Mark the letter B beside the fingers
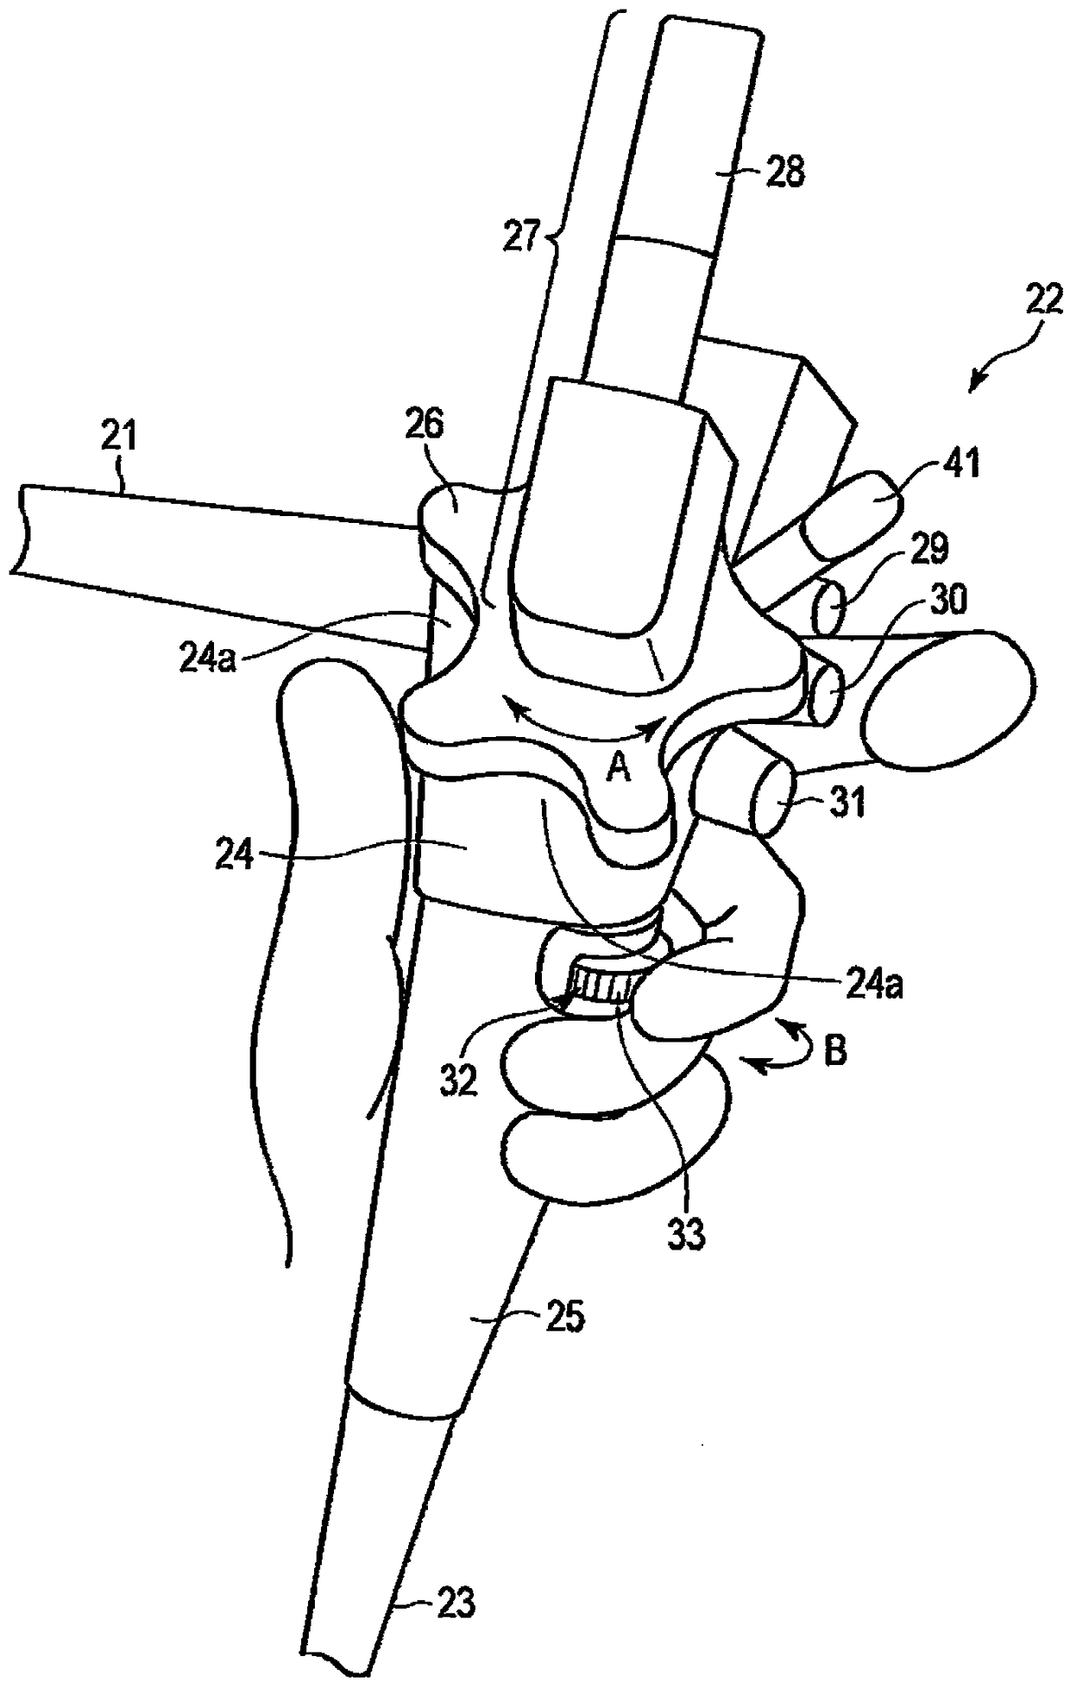click(834, 1052)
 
